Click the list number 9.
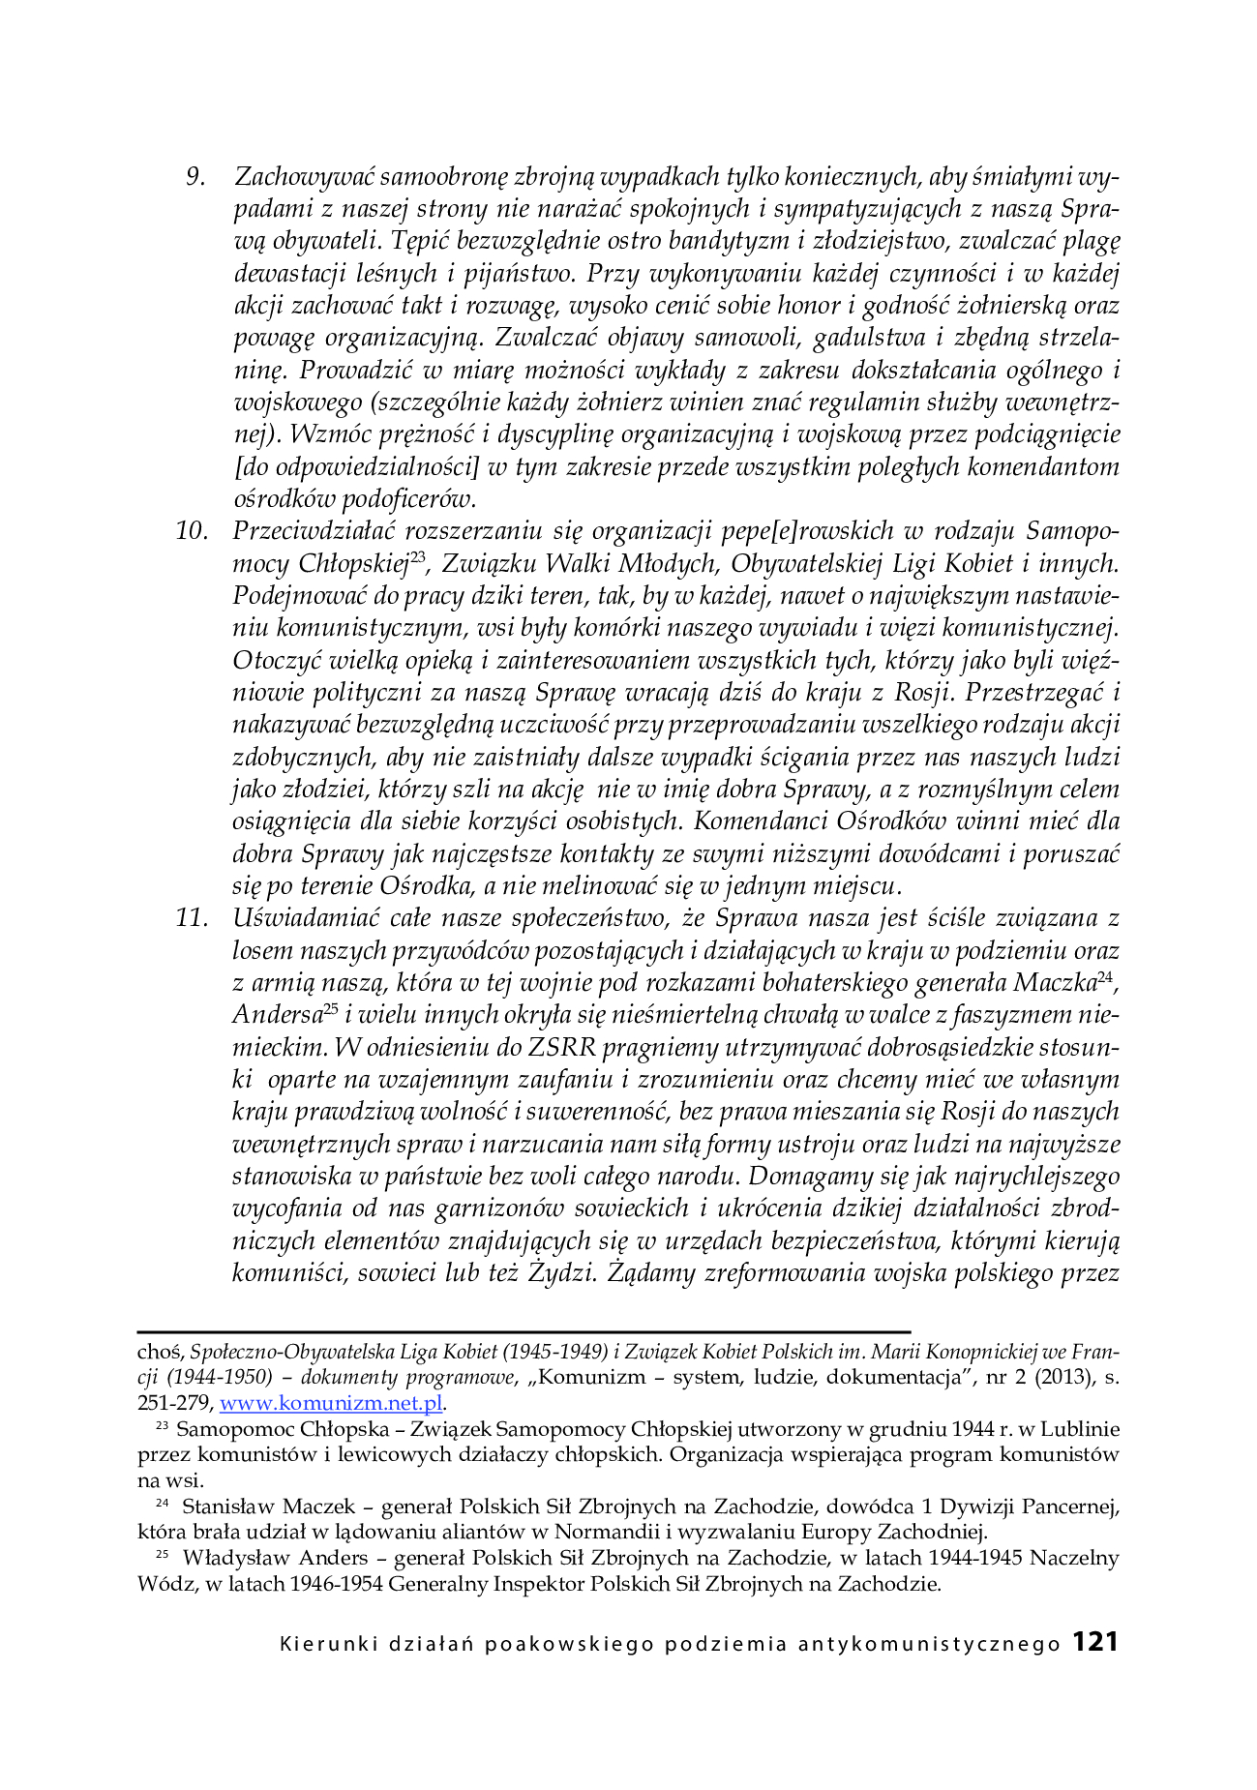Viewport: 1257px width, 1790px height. coord(195,176)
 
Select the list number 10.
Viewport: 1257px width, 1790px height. coord(192,530)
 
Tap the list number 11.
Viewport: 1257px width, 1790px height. coord(192,917)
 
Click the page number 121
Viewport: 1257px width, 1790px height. coord(1095,1642)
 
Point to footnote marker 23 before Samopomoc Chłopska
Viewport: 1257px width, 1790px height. coord(162,1427)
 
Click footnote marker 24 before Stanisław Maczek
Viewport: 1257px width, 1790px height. coord(162,1505)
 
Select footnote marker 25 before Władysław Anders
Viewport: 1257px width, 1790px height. coord(162,1556)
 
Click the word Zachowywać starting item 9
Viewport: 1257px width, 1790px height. coord(304,176)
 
